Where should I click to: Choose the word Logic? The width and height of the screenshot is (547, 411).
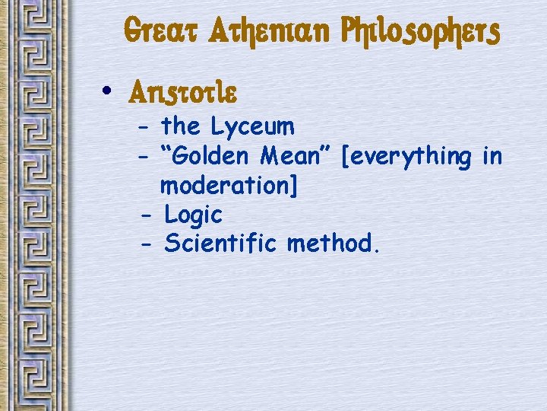[193, 216]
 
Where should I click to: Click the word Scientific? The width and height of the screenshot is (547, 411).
[222, 244]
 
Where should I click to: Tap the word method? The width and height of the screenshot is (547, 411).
[330, 244]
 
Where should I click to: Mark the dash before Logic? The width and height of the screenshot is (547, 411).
[147, 215]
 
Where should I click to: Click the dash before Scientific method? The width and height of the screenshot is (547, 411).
[147, 245]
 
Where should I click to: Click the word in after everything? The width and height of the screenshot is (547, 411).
[492, 157]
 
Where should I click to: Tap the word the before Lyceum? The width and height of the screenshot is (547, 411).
[181, 126]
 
